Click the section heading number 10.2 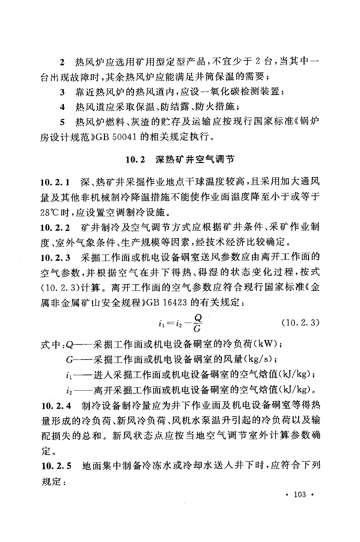point(135,159)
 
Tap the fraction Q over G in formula point(197,323)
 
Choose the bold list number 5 point(62,122)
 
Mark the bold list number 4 point(62,107)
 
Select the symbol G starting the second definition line point(69,360)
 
